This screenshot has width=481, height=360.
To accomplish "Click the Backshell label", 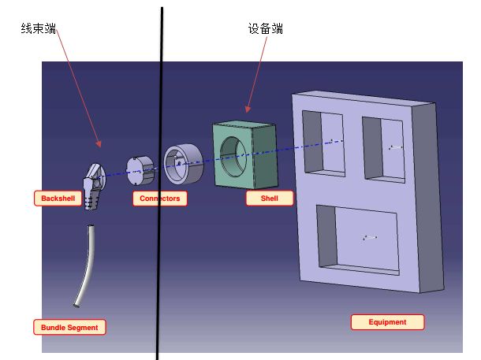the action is click(58, 199).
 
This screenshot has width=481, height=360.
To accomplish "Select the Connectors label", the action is click(160, 199).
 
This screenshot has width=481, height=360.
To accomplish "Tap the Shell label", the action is click(269, 199).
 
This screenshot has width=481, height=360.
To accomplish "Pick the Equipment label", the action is click(387, 322).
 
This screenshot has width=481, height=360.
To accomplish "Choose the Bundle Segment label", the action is click(69, 327).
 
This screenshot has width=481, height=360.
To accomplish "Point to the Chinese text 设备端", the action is click(266, 29).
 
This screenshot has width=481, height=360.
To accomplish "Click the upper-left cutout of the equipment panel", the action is click(323, 142).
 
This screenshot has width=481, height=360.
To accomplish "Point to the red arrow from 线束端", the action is click(78, 87).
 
